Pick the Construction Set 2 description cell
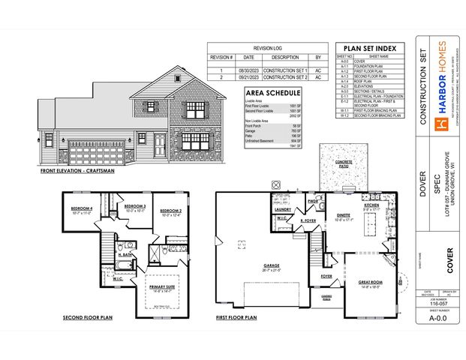[x=285, y=77]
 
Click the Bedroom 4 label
[x=82, y=208]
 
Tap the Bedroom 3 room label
[x=134, y=205]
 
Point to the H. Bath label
[x=125, y=255]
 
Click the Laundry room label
[x=282, y=209]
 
